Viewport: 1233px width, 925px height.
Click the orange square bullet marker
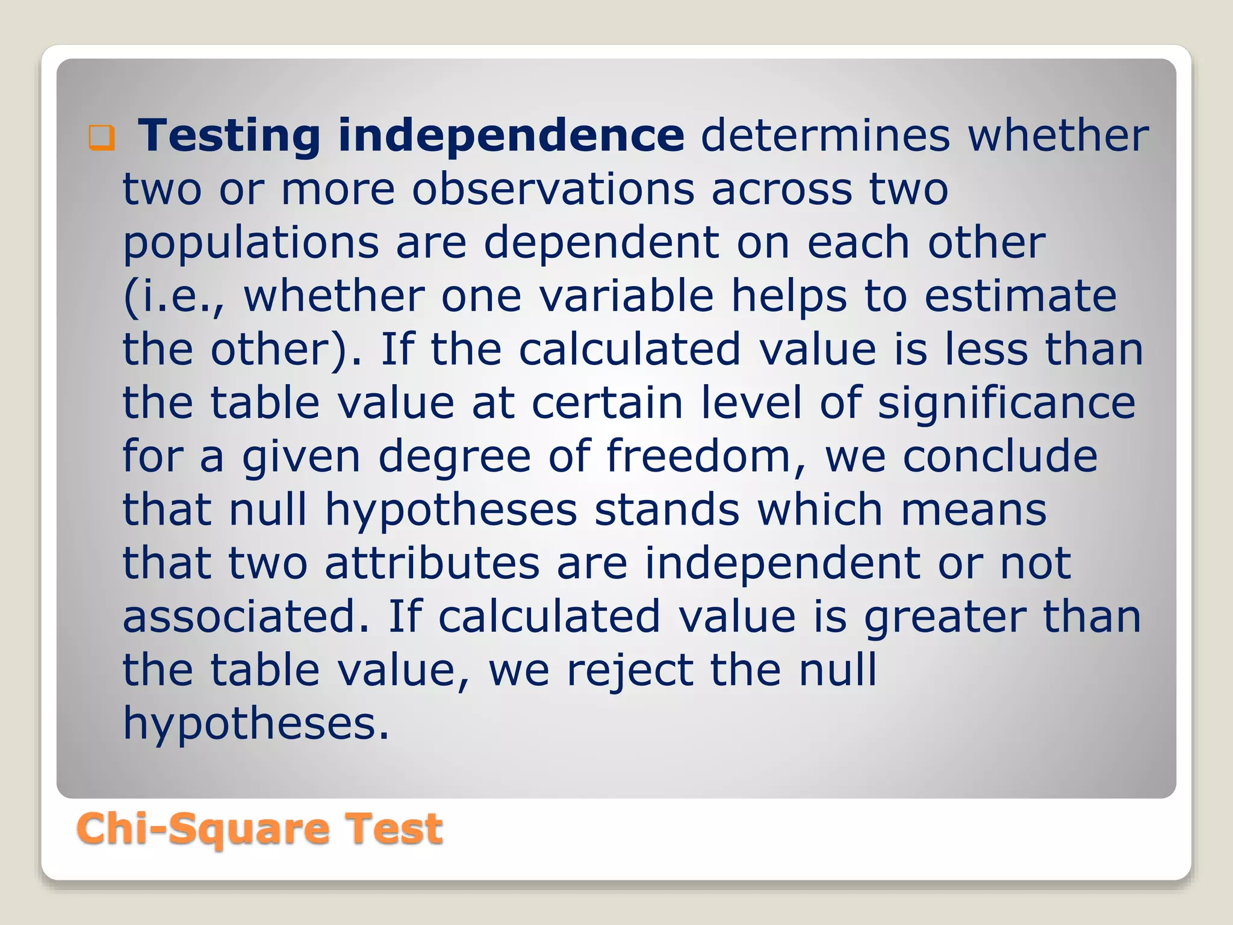click(101, 137)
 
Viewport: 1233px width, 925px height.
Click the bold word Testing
click(229, 136)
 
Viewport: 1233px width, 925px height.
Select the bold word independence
click(511, 136)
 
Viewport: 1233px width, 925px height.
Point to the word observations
click(553, 189)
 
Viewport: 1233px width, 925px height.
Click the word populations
click(251, 243)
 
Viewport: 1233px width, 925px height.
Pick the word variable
click(626, 296)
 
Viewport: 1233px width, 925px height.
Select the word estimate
click(1020, 296)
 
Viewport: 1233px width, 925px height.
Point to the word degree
click(455, 456)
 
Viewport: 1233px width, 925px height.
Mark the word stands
click(667, 509)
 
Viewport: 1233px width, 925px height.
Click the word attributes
click(432, 563)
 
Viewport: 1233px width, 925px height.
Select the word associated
click(246, 616)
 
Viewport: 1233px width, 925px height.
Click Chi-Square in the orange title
click(202, 830)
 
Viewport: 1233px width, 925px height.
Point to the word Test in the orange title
click(394, 829)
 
